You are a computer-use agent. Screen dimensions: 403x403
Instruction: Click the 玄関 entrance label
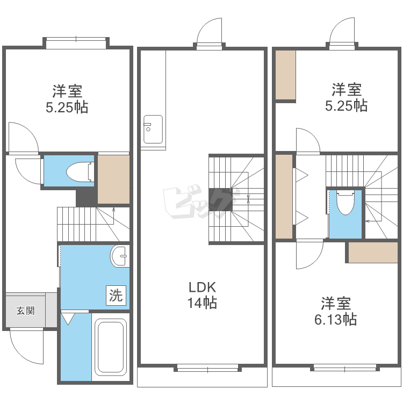(25, 311)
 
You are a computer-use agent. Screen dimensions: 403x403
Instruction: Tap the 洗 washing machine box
(116, 296)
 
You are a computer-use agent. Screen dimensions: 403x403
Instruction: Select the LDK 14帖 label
(202, 295)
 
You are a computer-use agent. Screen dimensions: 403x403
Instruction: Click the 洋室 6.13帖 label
(336, 311)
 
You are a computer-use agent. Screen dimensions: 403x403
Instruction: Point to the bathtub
(111, 347)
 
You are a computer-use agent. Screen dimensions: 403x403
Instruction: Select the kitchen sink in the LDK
(153, 129)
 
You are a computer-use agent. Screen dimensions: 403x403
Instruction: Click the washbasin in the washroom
(120, 256)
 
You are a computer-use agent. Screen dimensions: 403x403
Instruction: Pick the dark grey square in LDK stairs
(220, 200)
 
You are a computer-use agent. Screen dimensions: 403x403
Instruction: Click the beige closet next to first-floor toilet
(113, 179)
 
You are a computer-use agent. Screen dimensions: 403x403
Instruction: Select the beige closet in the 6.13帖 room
(373, 253)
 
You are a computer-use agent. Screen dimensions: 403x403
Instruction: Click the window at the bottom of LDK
(207, 370)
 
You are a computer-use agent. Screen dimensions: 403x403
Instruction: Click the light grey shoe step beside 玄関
(51, 310)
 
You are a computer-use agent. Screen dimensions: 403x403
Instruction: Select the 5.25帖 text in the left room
(67, 107)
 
